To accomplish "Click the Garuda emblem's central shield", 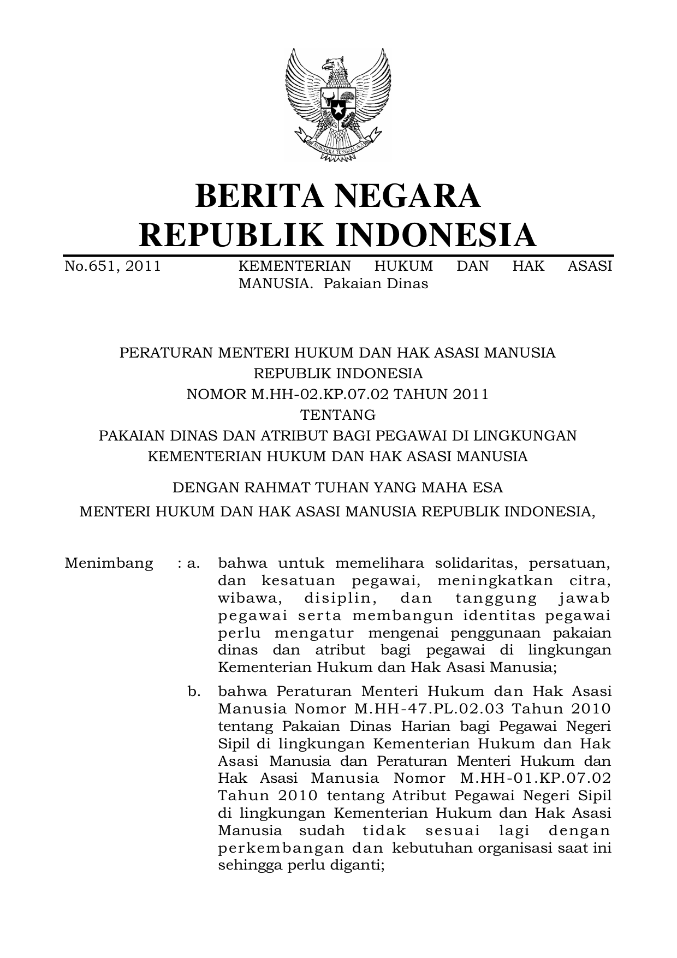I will click(338, 104).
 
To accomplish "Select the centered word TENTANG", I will click(338, 415).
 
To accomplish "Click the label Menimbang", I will click(109, 563).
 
